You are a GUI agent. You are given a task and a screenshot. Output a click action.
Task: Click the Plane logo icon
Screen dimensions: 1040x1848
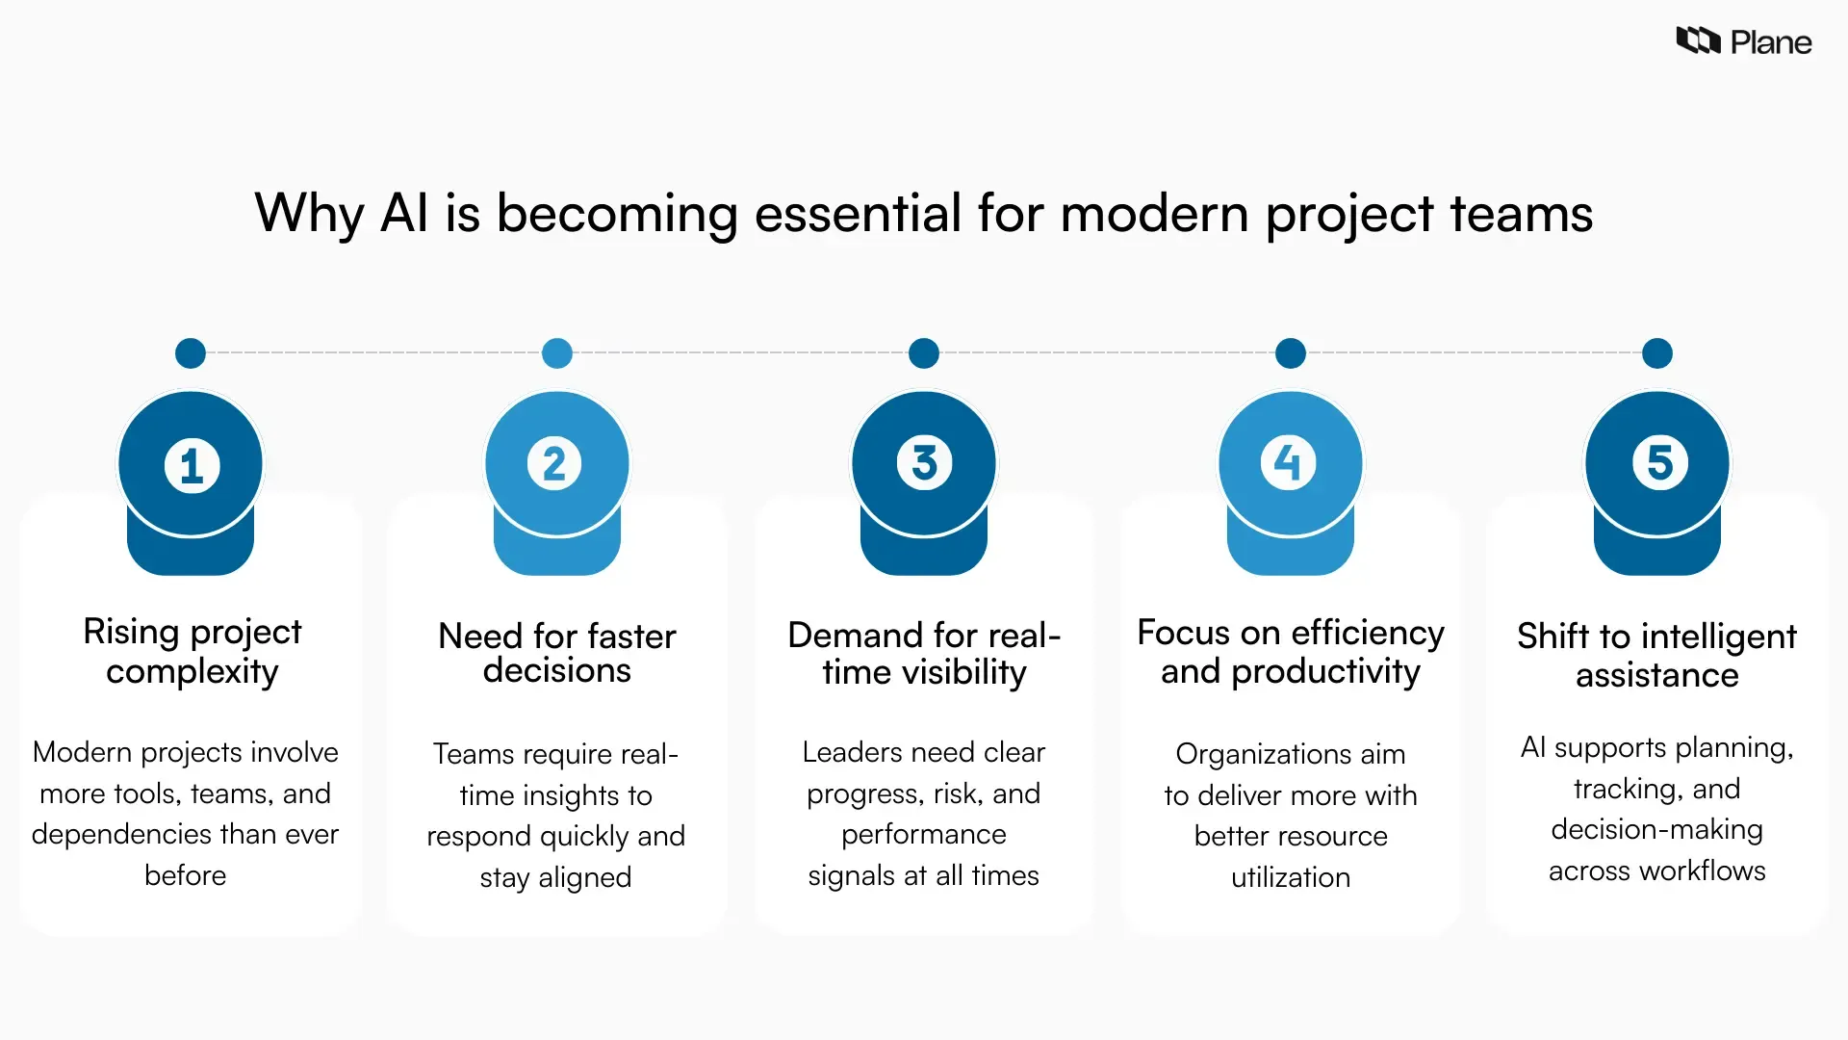coord(1698,40)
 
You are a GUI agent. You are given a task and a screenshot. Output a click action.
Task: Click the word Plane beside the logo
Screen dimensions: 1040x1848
coord(1770,42)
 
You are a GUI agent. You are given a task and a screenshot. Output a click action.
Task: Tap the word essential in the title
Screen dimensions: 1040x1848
coord(858,213)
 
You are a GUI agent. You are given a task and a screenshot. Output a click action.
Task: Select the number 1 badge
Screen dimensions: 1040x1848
coord(192,465)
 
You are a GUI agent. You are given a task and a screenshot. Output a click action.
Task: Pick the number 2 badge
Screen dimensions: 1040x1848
coord(554,463)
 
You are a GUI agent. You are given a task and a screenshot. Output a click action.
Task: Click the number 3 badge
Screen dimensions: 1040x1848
coord(924,463)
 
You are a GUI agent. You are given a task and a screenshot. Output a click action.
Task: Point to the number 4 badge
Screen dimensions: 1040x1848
coord(1288,463)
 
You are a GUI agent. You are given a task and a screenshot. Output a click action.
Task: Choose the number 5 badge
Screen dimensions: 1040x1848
coord(1659,463)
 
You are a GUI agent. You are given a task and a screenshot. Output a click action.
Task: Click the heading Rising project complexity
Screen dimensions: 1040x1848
coord(192,651)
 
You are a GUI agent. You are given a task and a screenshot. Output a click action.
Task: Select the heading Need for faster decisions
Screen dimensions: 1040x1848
coord(556,653)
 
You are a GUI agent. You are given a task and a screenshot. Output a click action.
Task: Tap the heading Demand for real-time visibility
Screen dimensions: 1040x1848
coord(924,653)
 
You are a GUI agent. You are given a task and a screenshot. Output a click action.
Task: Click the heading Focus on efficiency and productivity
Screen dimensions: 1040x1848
coord(1290,651)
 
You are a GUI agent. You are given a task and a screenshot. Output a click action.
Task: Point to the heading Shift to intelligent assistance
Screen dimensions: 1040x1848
coord(1656,655)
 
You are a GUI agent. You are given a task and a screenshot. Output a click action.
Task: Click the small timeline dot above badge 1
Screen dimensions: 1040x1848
coord(191,353)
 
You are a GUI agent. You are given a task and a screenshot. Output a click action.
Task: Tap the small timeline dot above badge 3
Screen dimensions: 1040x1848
coord(924,353)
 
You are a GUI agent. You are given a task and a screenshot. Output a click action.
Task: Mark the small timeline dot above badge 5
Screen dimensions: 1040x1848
coord(1657,353)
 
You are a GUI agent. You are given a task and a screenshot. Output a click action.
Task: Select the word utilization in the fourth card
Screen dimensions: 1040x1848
coord(1290,877)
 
